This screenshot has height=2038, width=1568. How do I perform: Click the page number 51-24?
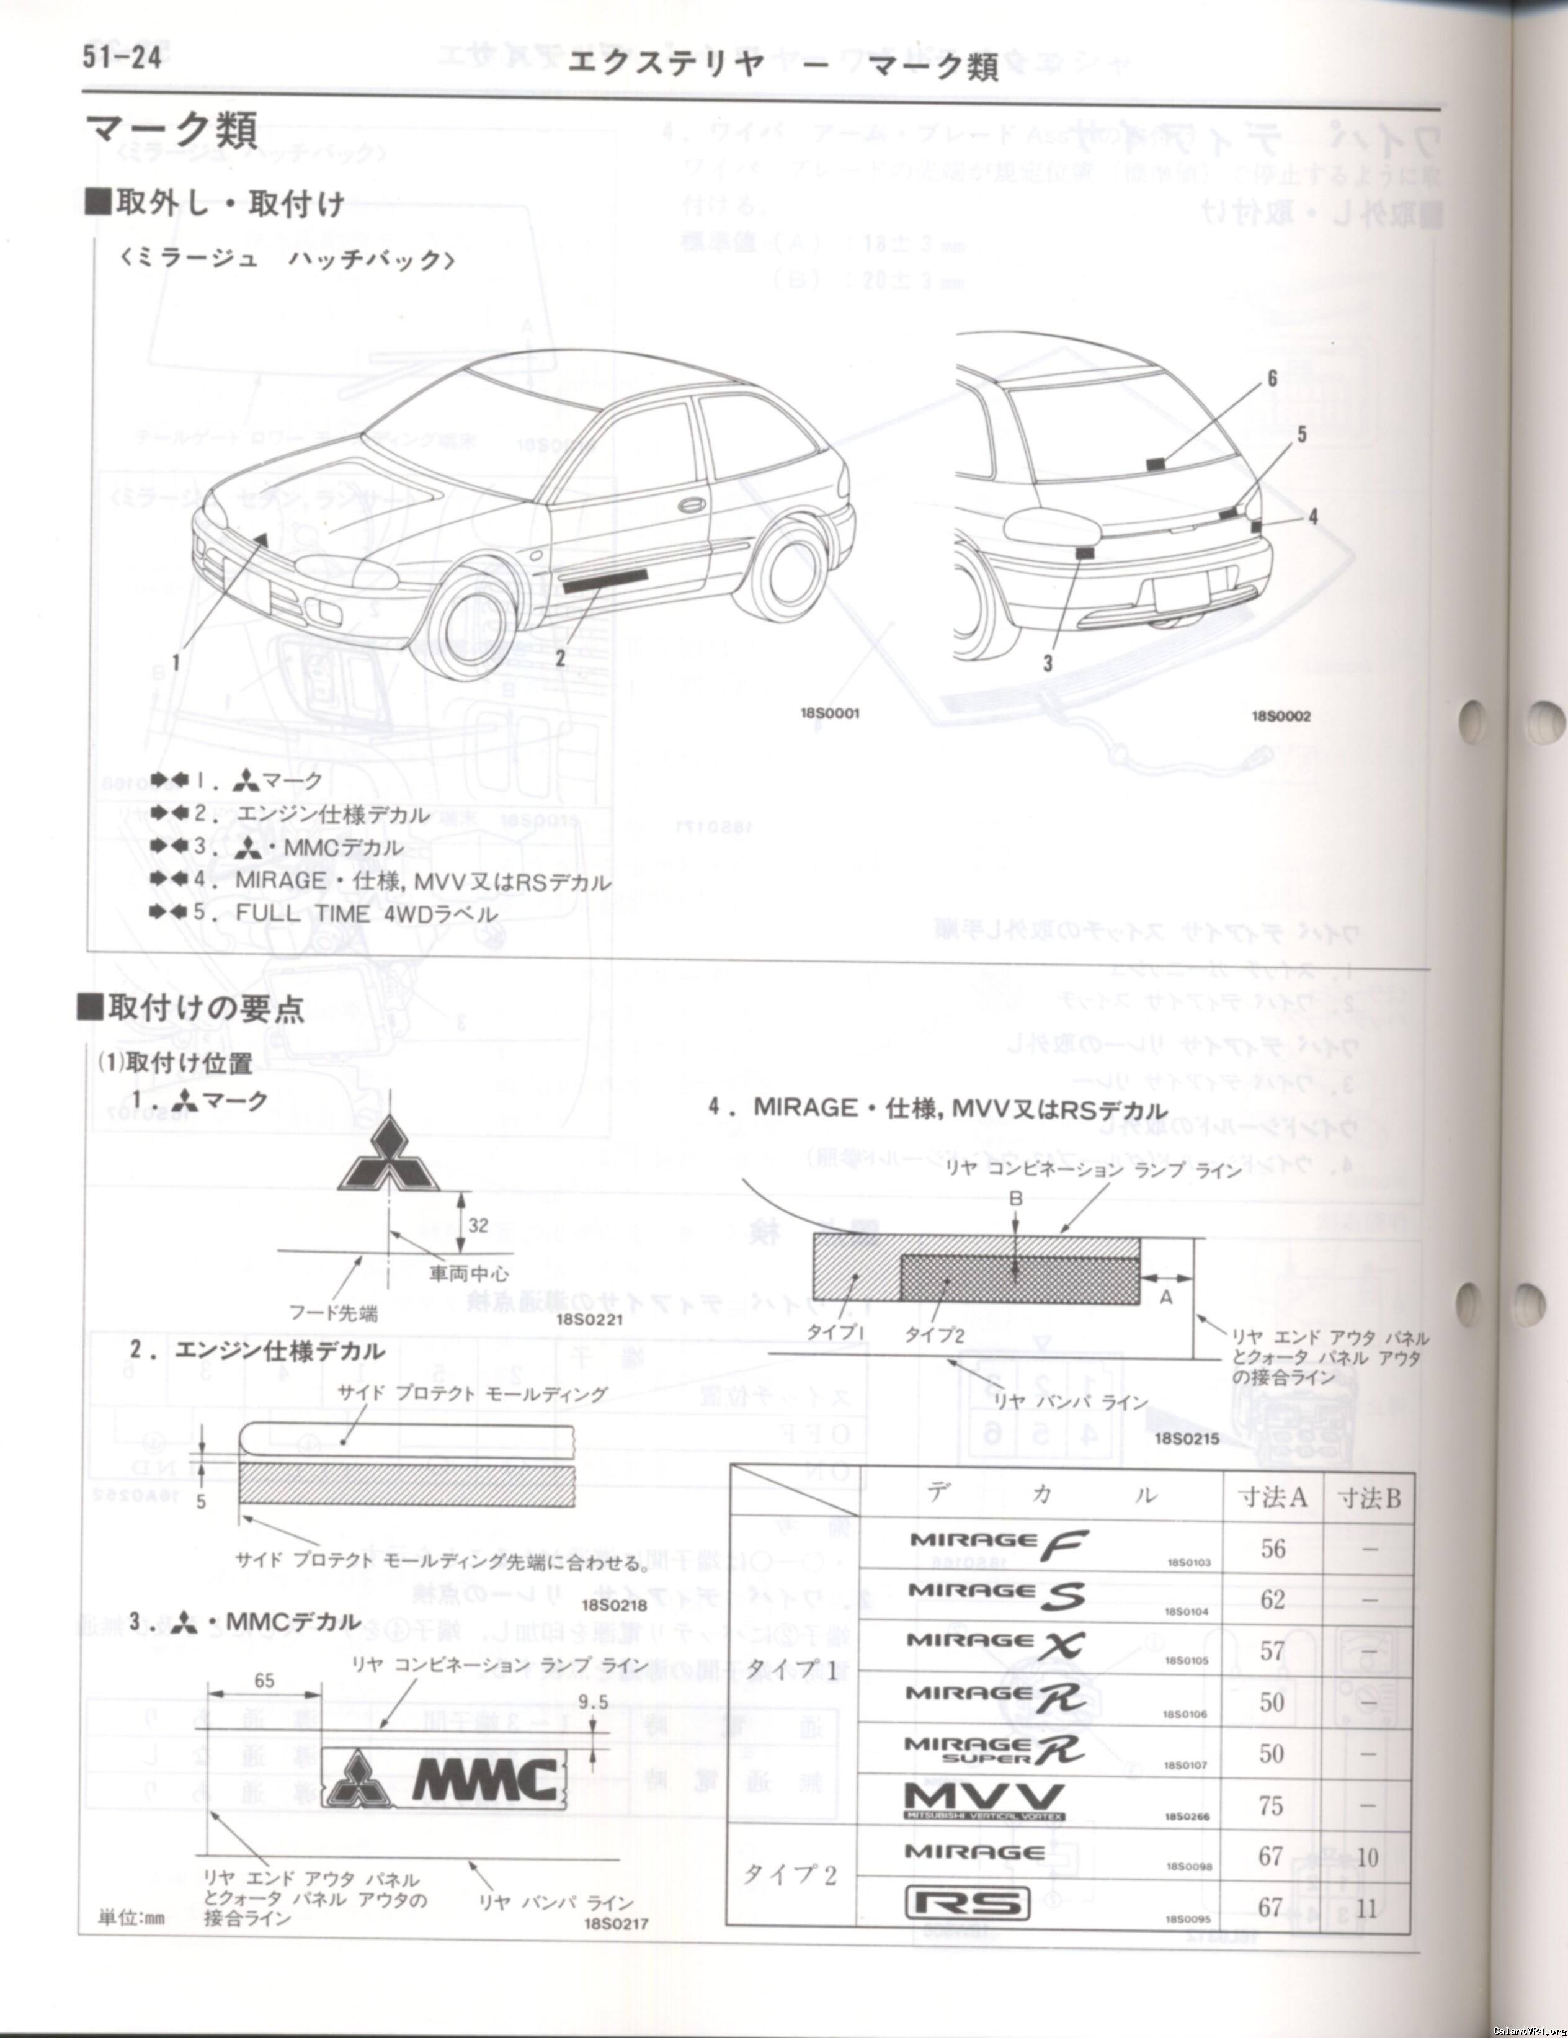pos(122,58)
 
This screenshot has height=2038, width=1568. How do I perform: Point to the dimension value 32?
pos(478,1225)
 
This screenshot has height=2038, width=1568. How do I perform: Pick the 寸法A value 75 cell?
pos(1272,1805)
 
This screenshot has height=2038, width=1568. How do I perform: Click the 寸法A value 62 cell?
pos(1272,1599)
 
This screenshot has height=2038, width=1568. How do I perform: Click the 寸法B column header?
pos(1368,1499)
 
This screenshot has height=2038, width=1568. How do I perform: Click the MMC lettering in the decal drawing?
pos(486,1779)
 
